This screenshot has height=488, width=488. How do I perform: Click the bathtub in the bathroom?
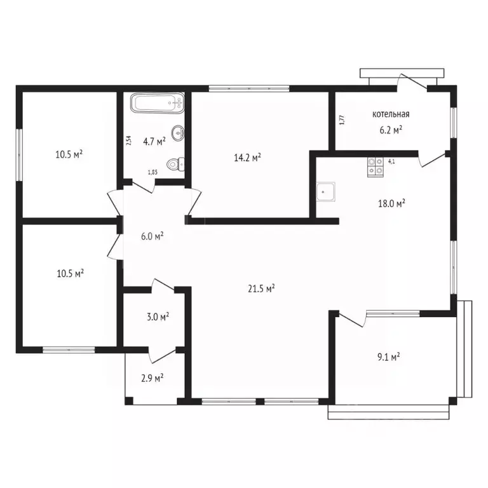157,103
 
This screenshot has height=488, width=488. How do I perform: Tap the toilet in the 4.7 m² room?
175,165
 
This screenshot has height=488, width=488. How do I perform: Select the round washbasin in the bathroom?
178,133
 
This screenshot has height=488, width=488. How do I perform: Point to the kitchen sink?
326,192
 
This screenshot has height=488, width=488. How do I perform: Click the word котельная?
391,114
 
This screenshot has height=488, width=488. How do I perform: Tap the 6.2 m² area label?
391,130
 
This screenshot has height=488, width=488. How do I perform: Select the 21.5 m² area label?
261,288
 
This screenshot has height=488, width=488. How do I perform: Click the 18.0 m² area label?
391,203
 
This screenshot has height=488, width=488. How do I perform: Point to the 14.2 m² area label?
247,158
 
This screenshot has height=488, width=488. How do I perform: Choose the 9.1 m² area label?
389,356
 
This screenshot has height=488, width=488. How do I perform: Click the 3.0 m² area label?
158,317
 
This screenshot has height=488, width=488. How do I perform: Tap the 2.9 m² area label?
152,378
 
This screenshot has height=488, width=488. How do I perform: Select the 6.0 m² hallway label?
152,236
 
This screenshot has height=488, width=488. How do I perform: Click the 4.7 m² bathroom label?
154,142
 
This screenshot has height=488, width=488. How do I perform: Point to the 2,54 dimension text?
129,140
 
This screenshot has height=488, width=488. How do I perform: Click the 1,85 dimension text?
152,172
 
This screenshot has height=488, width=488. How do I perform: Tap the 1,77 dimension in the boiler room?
342,120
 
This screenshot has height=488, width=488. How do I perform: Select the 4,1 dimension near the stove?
391,161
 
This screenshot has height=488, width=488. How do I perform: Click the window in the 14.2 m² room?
249,89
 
